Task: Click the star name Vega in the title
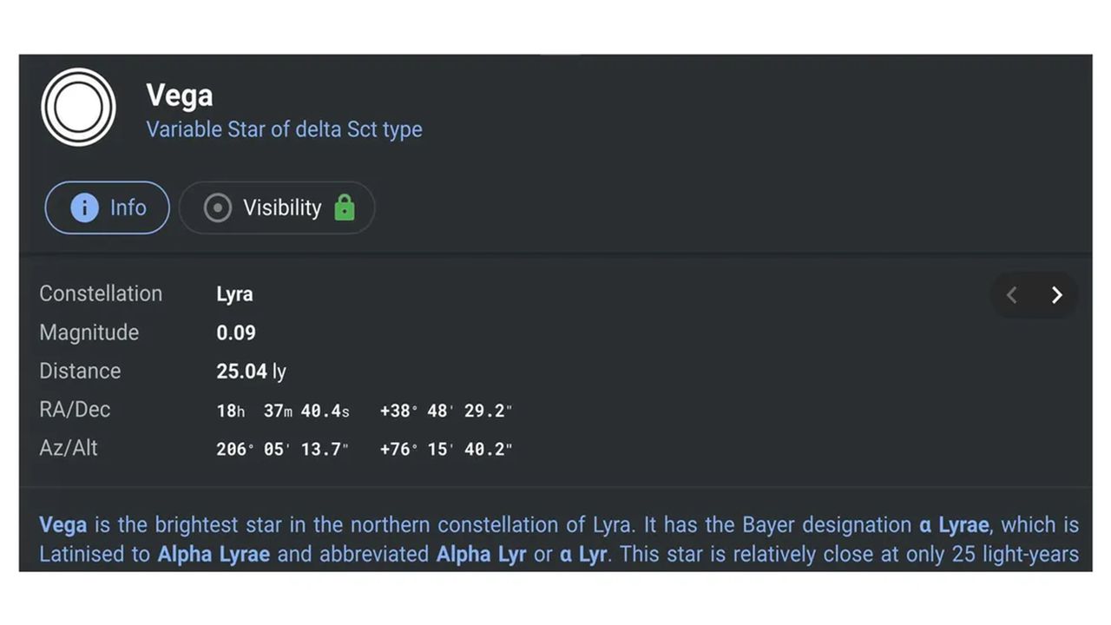pos(179,95)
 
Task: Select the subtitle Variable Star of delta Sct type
pos(284,129)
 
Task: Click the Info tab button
pos(107,207)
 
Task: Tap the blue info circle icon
pos(84,207)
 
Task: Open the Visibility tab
pos(277,207)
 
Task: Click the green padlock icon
pos(345,207)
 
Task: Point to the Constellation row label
pos(101,293)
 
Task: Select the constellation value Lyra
pos(234,294)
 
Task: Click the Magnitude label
pos(89,332)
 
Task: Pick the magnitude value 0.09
pos(236,332)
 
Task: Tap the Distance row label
pos(80,371)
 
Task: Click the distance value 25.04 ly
pos(252,372)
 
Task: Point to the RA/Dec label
pos(75,410)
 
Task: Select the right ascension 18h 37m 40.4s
pos(283,411)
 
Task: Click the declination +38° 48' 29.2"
pos(446,411)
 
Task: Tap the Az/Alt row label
pos(69,449)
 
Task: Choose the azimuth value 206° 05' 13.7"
pos(282,450)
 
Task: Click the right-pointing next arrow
pos(1057,295)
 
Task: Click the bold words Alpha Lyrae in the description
pos(214,555)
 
